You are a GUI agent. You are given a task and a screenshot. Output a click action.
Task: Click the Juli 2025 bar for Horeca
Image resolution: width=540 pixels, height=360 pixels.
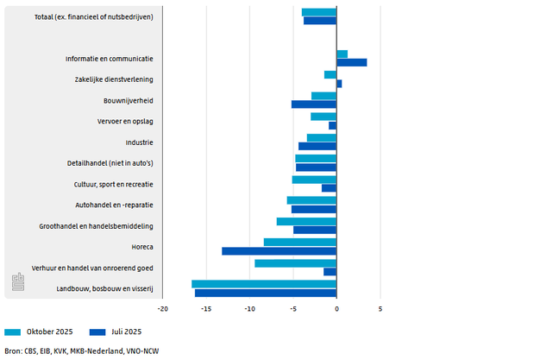pos(279,251)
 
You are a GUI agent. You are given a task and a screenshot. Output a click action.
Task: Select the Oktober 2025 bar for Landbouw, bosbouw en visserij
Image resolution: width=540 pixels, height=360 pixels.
pos(264,284)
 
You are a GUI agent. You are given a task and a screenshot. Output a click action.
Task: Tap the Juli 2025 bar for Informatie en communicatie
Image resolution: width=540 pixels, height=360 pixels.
pos(352,62)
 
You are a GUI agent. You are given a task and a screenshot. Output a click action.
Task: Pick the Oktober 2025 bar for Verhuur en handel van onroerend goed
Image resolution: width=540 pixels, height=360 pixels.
pos(295,263)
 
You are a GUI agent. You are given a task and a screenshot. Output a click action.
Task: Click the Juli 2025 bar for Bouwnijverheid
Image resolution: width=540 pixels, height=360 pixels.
pos(314,104)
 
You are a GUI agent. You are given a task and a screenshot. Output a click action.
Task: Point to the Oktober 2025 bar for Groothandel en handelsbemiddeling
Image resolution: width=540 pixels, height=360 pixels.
pos(306,221)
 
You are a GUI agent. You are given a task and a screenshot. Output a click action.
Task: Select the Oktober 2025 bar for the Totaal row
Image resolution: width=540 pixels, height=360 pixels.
pos(319,12)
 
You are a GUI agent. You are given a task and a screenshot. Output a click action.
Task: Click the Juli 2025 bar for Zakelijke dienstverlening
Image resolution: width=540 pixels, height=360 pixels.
pos(339,84)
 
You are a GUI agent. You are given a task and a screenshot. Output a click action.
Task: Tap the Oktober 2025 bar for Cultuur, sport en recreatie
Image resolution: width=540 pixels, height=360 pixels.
pos(314,180)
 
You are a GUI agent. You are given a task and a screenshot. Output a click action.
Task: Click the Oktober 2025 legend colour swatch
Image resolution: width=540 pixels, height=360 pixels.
pos(12,332)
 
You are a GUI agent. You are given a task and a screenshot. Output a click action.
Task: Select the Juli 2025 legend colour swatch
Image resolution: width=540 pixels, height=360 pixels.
pos(97,332)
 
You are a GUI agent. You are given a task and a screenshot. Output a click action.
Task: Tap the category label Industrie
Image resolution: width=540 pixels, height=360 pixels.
pos(139,142)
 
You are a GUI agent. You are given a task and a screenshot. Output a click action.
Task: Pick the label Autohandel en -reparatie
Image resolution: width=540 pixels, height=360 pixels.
pos(115,205)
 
